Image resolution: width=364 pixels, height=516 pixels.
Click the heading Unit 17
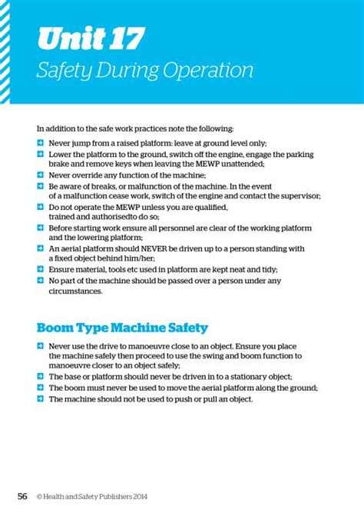[91, 38]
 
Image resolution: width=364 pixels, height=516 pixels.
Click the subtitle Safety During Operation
[145, 71]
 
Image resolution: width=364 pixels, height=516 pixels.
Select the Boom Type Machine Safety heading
[122, 328]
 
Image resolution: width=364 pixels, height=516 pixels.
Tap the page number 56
[23, 496]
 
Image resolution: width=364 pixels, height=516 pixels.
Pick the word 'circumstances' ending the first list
[75, 291]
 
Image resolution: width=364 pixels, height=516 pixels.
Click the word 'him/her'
[147, 259]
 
